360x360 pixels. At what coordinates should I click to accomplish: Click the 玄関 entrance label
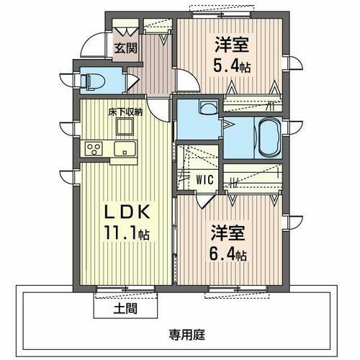[125, 49]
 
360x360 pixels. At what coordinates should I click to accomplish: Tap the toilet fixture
[92, 79]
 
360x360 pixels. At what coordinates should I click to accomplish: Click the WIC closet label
[204, 178]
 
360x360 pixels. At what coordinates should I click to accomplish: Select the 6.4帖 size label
[230, 255]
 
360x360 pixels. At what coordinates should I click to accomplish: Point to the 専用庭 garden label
[187, 334]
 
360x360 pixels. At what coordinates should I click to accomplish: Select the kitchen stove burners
[94, 149]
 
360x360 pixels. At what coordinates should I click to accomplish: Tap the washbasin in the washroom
[207, 110]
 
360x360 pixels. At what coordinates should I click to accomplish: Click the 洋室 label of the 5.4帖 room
[232, 45]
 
